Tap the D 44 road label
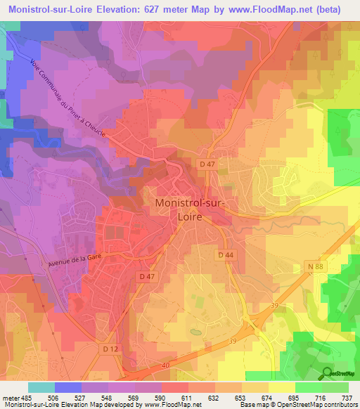[225, 255]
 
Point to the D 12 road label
[110, 349]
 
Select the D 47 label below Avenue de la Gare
[147, 277]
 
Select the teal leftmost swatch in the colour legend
[41, 387]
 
